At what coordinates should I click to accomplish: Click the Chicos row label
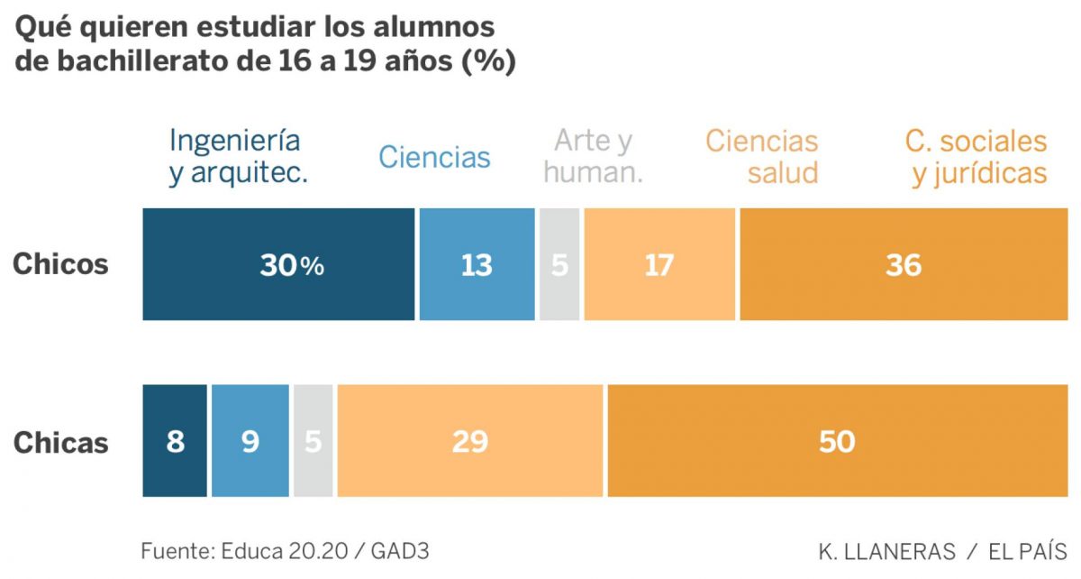coord(60,265)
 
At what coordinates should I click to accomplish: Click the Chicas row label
coord(60,443)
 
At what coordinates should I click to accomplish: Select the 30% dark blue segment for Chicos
coord(278,265)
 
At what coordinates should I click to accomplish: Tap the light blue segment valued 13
coord(476,265)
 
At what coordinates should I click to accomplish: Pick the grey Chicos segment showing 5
coord(559,265)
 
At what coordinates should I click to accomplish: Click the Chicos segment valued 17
coord(659,265)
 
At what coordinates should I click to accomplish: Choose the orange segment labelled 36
coord(903,265)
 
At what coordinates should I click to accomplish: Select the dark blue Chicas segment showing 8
coord(175,442)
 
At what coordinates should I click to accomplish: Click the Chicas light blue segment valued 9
coord(250,442)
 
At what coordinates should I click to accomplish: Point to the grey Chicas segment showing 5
coord(313,442)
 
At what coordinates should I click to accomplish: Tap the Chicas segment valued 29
coord(469,442)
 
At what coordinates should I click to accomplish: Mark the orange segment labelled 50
coord(837,442)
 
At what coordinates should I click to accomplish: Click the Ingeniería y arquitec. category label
coord(238,157)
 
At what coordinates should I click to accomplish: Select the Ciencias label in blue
coord(434,157)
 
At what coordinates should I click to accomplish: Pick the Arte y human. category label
coord(593,157)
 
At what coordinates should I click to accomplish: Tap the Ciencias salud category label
coord(761,157)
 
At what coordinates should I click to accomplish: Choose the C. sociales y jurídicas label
coord(978,157)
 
